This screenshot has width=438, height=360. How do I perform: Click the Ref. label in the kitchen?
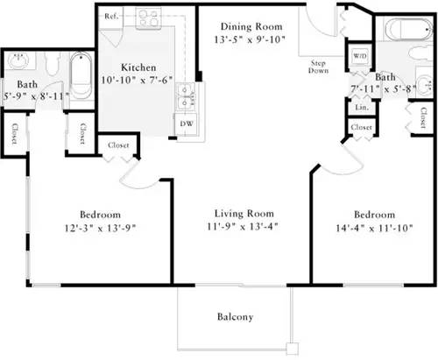pyautogui.click(x=111, y=17)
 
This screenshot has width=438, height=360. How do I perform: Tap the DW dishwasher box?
pyautogui.click(x=186, y=124)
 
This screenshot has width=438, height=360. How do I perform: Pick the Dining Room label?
pyautogui.click(x=249, y=26)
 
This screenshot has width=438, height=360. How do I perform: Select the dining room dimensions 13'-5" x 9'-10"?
pyautogui.click(x=249, y=39)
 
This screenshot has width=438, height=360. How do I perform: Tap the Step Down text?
pyautogui.click(x=319, y=69)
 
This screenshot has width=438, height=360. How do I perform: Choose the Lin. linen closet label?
pyautogui.click(x=360, y=106)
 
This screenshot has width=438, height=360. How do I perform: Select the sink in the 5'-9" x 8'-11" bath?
pyautogui.click(x=18, y=63)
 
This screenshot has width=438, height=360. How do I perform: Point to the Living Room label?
pyautogui.click(x=244, y=213)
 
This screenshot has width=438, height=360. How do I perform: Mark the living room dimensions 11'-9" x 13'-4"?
pyautogui.click(x=244, y=227)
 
